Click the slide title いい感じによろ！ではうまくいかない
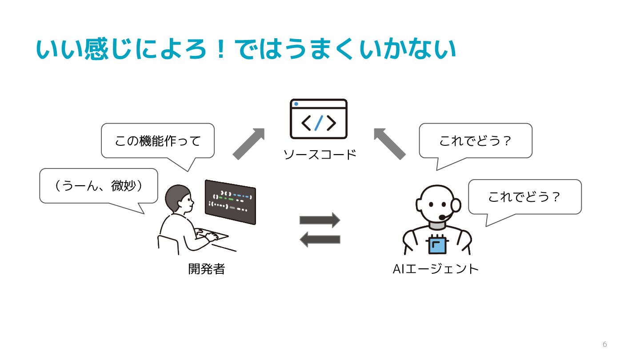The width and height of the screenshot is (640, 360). click(x=246, y=50)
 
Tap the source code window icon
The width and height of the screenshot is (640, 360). click(x=318, y=119)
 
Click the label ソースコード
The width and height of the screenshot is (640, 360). click(x=320, y=155)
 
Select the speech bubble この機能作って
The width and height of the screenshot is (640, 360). click(x=158, y=141)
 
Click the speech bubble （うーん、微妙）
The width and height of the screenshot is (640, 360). click(x=99, y=186)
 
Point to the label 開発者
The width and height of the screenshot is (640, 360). click(x=207, y=269)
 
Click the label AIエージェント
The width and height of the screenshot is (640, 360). click(x=436, y=269)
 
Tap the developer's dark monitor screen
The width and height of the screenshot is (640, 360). click(x=230, y=202)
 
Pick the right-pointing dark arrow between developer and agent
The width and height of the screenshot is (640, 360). click(x=320, y=220)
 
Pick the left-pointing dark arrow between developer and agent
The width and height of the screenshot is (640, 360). click(x=320, y=240)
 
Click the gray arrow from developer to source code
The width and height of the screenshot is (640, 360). click(x=249, y=143)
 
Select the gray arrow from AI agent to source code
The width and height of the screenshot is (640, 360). click(x=389, y=143)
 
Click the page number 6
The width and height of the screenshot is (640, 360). click(x=604, y=344)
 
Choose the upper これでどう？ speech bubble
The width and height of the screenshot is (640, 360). click(x=476, y=141)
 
